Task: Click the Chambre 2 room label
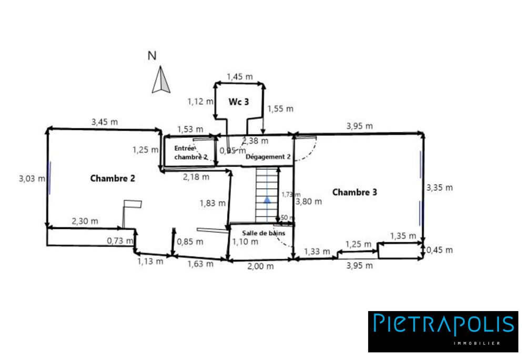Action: tap(113, 178)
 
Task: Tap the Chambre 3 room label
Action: tap(355, 192)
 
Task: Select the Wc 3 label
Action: tap(238, 101)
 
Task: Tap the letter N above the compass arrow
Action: tap(152, 56)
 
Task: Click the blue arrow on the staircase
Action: tap(267, 199)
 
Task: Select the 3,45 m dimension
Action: tap(104, 122)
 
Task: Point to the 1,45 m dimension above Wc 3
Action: tap(239, 77)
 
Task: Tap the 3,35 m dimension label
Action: tap(440, 187)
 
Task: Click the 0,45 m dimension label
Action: tap(440, 250)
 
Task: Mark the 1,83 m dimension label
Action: tap(213, 203)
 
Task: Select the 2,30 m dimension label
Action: tap(85, 221)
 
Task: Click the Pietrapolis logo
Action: tap(443, 331)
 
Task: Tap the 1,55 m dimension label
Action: tap(280, 109)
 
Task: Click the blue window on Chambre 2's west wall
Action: tap(50, 178)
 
